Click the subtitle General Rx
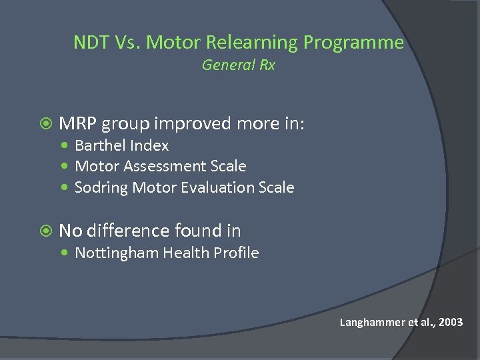238,65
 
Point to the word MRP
78,123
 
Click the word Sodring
101,188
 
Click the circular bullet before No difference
45,231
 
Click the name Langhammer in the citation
372,323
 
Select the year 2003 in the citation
451,323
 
